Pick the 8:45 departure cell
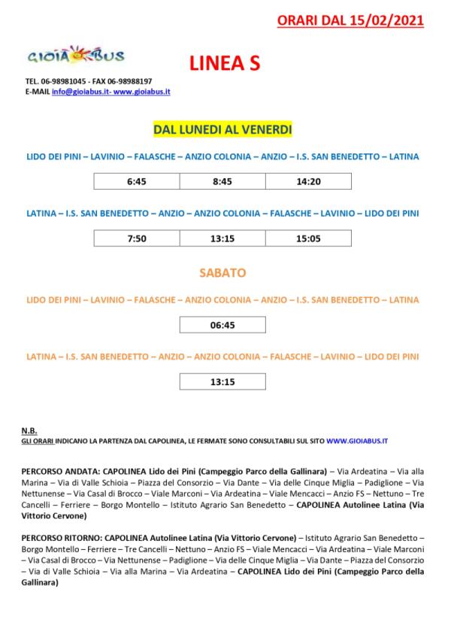[222, 181]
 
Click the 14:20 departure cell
[308, 181]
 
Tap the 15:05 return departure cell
[308, 239]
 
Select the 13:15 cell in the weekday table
[222, 239]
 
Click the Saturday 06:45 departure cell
[222, 325]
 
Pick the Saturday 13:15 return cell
[222, 381]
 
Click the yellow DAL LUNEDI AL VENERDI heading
[222, 130]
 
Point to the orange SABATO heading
[222, 272]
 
